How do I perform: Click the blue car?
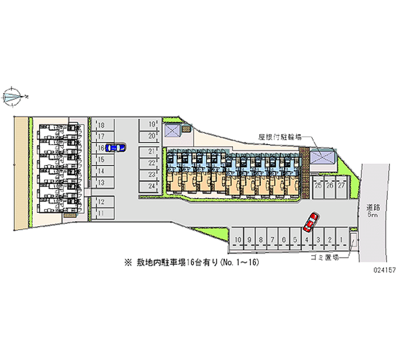115,147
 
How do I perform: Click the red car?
310,222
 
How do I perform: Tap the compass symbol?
13,96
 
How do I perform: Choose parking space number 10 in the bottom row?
238,240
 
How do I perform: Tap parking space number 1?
342,240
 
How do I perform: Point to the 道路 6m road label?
373,210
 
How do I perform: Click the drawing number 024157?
380,271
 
